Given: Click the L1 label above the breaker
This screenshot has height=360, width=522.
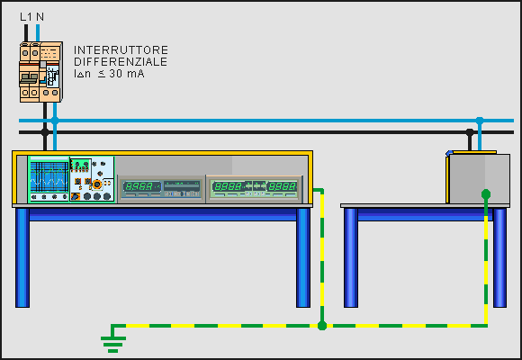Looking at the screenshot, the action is pos(26,17).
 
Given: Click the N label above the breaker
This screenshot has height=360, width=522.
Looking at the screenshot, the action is pos(40,17).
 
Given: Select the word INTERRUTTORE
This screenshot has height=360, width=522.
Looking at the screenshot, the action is pos(121,50).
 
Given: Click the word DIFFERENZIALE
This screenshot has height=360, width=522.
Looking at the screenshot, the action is pos(121,61).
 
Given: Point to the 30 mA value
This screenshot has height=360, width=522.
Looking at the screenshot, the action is pos(127,73).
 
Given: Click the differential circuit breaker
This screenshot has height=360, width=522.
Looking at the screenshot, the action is pos(40,72).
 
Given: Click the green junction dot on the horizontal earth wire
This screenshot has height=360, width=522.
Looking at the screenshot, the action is pos(322,326).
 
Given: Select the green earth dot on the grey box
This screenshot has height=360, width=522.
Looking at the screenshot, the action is pos(486,193).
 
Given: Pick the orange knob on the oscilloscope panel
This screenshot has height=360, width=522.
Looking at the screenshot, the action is pos(97,184).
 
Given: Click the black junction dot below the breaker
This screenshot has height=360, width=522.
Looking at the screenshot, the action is pos(45,132).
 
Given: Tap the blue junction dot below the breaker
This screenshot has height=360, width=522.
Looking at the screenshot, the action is pos(55,121).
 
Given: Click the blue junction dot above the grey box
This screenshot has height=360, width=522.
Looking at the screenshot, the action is pos(480,121).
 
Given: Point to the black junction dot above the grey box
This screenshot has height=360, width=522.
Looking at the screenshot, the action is pos(470,132).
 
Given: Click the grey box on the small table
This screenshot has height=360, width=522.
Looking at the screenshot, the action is pos(478,178).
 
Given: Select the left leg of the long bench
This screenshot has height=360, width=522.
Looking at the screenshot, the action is pos(22,257).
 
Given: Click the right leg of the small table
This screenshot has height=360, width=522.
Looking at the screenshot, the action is pos(499,257).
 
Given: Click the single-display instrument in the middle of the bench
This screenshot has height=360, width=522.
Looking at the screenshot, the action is pos(161,189).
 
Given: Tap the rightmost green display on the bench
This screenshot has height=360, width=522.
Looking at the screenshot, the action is pos(283,186).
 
